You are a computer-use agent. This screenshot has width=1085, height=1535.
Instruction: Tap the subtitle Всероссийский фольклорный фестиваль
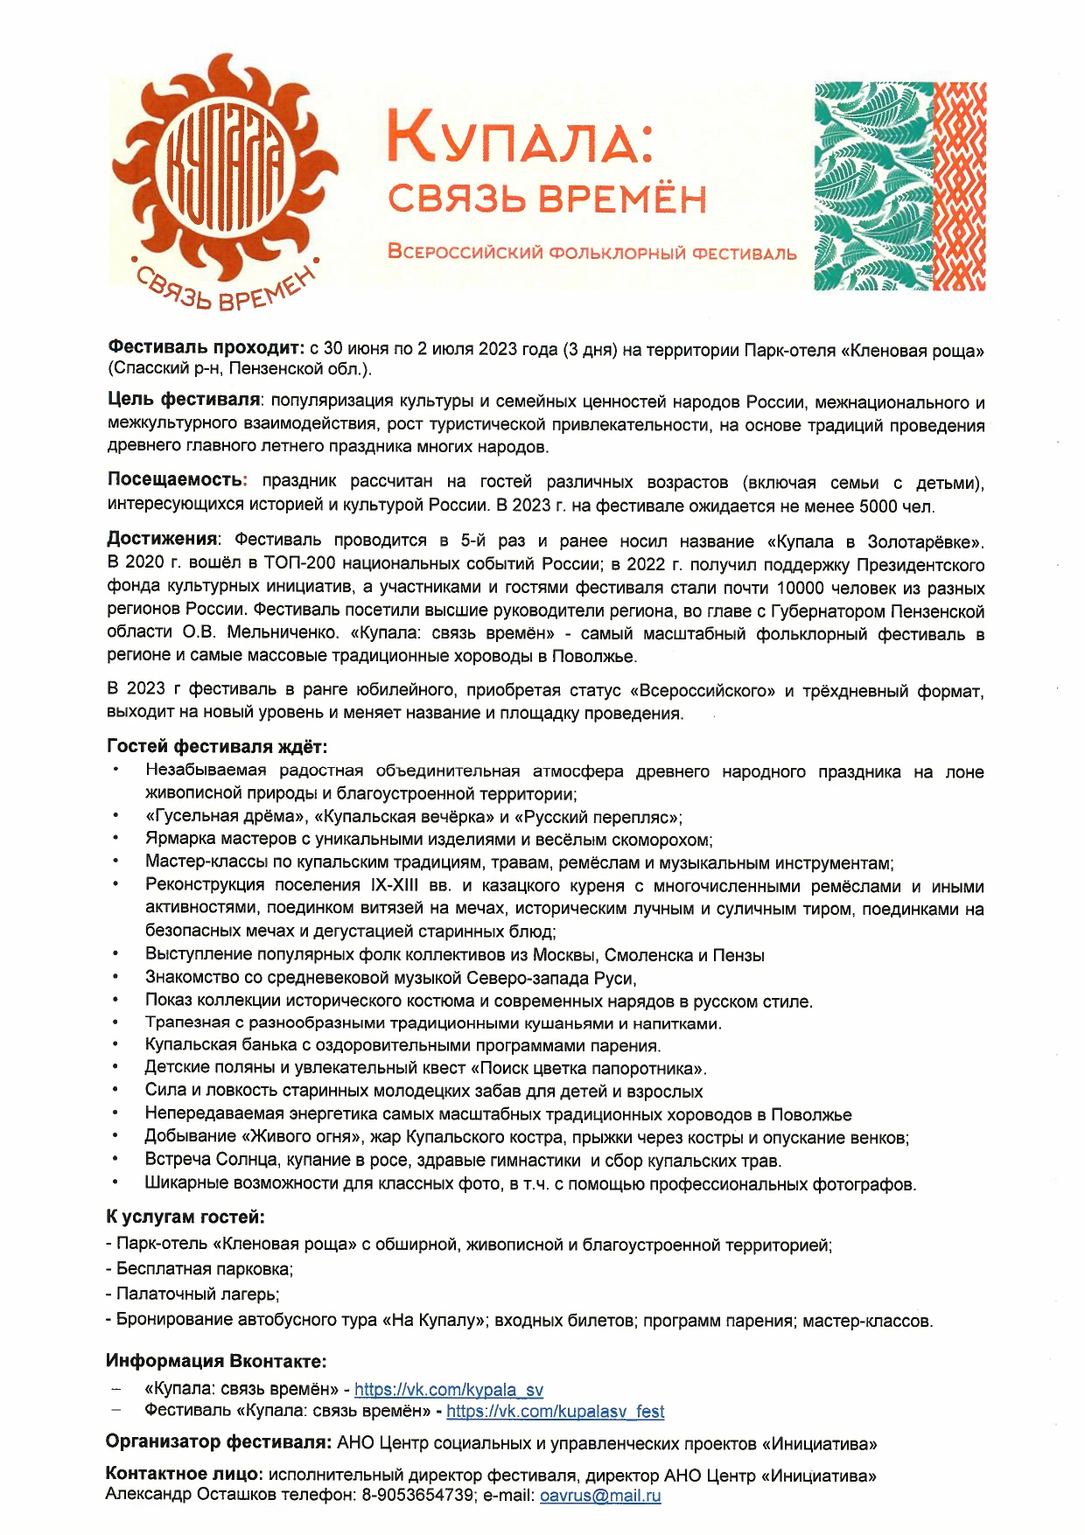pos(592,254)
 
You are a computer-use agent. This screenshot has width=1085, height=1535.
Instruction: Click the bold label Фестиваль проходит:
pos(206,349)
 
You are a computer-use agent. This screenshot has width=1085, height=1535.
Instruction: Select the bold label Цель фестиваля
pos(184,401)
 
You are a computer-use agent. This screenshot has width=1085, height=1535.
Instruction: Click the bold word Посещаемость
pos(175,481)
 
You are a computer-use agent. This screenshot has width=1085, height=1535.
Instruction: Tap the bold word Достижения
pos(162,540)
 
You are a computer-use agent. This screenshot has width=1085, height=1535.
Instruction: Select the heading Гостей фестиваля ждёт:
pos(217,747)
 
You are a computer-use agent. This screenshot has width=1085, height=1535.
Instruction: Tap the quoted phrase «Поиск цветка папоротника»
pos(588,1069)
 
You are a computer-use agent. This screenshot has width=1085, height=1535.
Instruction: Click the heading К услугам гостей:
pos(185,1217)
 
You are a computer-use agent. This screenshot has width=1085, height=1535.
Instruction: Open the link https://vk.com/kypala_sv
pos(449,1389)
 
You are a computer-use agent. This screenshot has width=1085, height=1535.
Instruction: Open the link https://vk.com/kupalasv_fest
pos(555,1412)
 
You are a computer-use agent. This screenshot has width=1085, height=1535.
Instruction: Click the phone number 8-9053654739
pos(416,1496)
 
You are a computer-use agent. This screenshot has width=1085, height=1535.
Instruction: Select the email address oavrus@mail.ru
pos(600,1496)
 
